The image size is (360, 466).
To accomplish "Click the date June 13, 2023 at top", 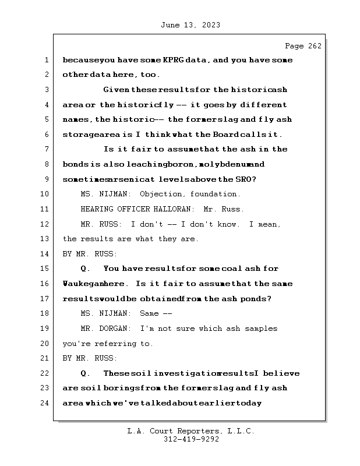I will [189, 25].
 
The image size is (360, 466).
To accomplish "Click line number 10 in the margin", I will [46, 194].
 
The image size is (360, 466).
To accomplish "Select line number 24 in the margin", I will [46, 403].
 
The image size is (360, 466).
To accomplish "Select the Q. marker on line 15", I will [85, 269].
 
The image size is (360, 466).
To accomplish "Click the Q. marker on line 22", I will [85, 373].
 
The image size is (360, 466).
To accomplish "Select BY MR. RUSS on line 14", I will [90, 254].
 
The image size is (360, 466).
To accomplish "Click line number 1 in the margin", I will [46, 60].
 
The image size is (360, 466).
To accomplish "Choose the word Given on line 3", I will [116, 90].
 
